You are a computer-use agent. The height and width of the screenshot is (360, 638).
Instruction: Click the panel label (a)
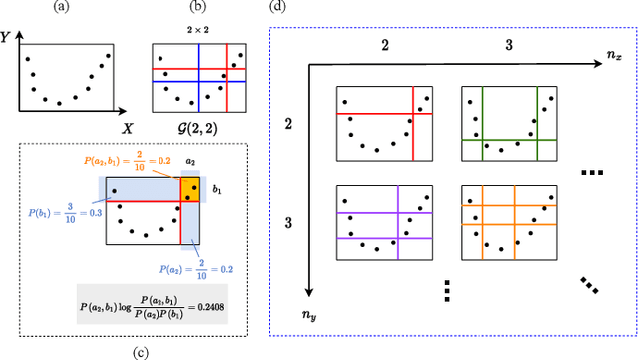click(64, 9)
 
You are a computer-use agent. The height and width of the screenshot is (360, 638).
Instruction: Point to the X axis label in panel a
click(128, 129)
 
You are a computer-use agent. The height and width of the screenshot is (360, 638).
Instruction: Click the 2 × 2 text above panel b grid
click(199, 30)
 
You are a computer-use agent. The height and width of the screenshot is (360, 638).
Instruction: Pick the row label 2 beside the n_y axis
click(288, 124)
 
